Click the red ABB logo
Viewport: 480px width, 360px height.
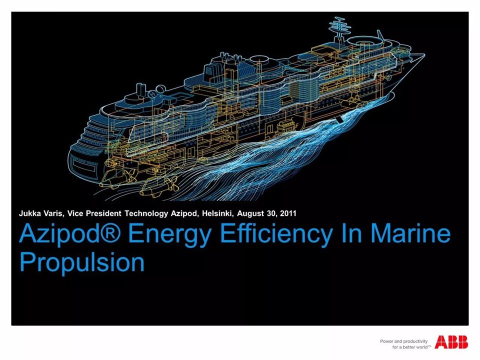(451, 342)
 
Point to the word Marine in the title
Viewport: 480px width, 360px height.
(411, 234)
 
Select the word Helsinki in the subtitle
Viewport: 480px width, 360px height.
(218, 213)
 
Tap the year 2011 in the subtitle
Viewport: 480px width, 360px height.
(288, 213)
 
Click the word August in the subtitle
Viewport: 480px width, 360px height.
(251, 214)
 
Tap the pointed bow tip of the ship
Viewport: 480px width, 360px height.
(424, 55)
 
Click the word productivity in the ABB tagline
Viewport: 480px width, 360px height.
(416, 341)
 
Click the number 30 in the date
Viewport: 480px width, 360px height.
(271, 213)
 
